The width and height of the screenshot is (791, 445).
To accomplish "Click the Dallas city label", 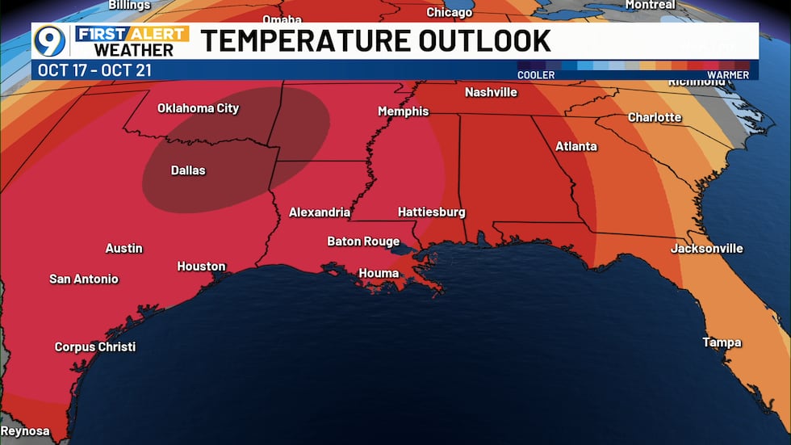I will point(188,170).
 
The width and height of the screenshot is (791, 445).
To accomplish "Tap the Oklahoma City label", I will point(198,108).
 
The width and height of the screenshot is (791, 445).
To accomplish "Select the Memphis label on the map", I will point(404,111).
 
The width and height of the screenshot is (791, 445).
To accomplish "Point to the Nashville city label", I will point(491,92).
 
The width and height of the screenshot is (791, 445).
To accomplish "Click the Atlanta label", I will point(576,146).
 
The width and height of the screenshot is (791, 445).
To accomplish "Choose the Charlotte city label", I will point(655,117).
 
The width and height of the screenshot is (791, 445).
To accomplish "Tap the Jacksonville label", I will point(706,248).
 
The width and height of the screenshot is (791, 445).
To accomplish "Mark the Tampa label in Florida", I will point(722,342).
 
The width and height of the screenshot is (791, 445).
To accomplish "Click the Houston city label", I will point(202,266).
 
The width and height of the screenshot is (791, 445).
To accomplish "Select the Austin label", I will point(124,248).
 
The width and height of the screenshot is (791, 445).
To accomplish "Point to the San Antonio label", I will point(84,279).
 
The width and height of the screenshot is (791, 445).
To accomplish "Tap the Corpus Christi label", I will point(95,346).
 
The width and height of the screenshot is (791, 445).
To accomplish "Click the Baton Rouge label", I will point(363,241).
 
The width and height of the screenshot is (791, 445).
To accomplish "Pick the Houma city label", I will point(379,273).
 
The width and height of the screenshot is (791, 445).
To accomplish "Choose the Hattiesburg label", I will point(432,212).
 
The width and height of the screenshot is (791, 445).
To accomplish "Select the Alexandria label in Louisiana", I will point(320,212).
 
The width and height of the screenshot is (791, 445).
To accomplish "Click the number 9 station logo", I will point(49,40).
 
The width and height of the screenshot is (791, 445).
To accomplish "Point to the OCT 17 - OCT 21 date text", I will point(94,70).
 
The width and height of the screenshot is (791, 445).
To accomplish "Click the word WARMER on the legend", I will point(729,75).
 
